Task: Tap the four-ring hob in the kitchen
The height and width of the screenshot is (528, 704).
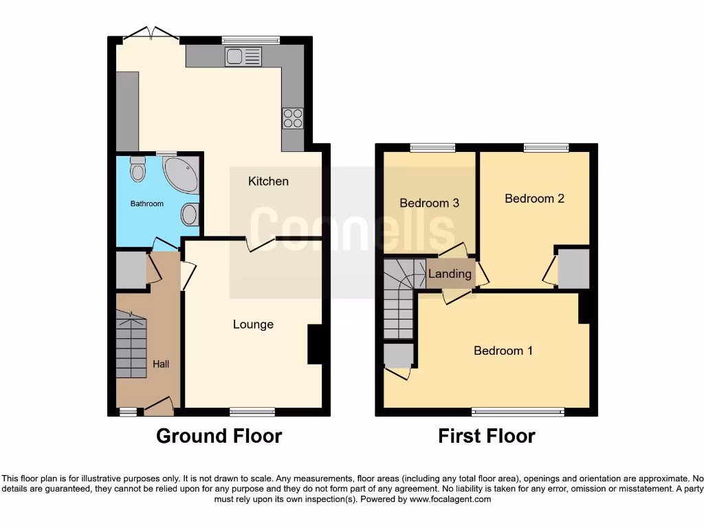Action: [x=293, y=119]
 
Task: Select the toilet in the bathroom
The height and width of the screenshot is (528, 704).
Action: [x=138, y=168]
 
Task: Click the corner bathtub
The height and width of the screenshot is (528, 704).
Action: [x=181, y=173]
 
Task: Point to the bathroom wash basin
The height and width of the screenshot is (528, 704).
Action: [x=190, y=214]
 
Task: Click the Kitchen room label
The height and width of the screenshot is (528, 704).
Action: [x=268, y=181]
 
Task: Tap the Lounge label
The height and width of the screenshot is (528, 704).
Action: [x=253, y=324]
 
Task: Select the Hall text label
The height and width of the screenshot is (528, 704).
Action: [x=161, y=364]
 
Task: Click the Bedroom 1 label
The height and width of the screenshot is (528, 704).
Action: [x=503, y=351]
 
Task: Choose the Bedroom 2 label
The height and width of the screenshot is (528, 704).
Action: [x=534, y=199]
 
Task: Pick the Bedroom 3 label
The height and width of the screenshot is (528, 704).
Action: [x=429, y=203]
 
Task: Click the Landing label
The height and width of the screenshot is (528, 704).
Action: [x=450, y=274]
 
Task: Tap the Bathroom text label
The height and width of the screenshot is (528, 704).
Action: [x=147, y=203]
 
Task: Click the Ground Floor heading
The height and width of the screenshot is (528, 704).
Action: [x=219, y=436]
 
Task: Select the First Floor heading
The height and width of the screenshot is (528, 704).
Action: [x=487, y=436]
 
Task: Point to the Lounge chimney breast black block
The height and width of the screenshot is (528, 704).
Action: [x=315, y=344]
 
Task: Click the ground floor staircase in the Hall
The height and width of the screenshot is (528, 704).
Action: [x=131, y=347]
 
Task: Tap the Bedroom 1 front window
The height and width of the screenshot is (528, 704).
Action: [x=518, y=412]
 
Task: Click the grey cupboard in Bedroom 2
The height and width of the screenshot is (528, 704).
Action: [x=573, y=269]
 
